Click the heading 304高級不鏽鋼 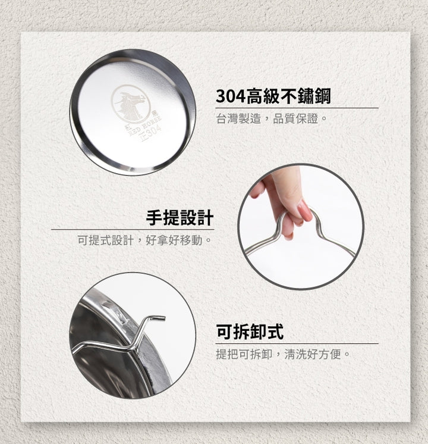[x=273, y=96]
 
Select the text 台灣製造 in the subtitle [x=238, y=118]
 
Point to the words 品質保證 [x=295, y=118]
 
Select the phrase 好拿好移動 [x=174, y=240]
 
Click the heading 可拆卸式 [x=250, y=332]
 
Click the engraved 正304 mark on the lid [x=151, y=133]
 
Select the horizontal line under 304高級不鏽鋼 [x=297, y=108]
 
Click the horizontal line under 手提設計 [x=133, y=229]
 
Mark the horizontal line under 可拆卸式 [x=297, y=343]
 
